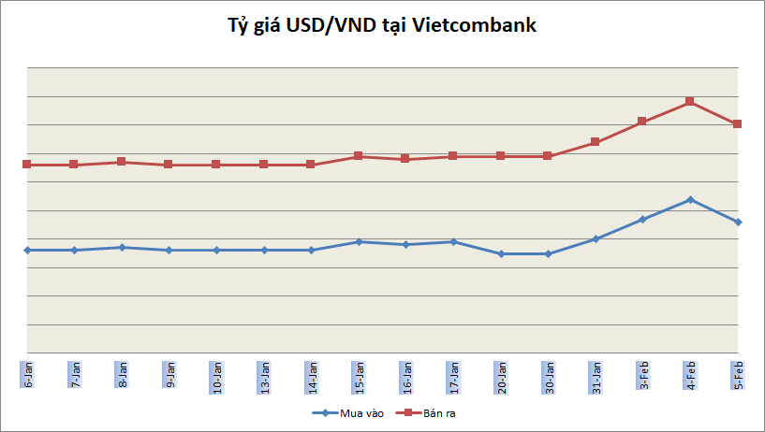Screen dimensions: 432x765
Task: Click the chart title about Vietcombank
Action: (x=383, y=26)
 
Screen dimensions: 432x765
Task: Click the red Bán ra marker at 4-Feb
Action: (x=690, y=101)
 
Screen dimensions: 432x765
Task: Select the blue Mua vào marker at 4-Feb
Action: (x=690, y=199)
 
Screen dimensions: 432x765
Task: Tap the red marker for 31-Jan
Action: (x=595, y=142)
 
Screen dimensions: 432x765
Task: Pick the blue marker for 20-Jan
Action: (x=500, y=253)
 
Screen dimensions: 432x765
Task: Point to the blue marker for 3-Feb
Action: (x=642, y=219)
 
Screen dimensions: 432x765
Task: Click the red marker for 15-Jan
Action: (x=359, y=156)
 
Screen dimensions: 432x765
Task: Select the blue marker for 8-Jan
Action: (x=122, y=247)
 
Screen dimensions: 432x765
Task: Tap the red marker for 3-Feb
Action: (x=642, y=122)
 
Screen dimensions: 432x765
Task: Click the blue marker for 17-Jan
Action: (x=453, y=241)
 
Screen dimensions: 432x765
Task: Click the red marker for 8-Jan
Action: (x=122, y=162)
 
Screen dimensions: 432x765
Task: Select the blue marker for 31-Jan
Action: (x=595, y=238)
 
